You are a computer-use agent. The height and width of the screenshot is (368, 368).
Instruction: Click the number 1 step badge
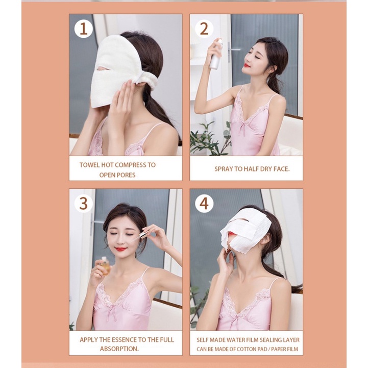click(84, 29)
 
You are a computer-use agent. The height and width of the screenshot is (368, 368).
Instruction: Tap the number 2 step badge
click(204, 29)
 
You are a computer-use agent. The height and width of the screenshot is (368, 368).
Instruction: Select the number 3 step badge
click(84, 204)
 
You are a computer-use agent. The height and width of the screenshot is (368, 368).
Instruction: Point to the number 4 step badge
click(204, 204)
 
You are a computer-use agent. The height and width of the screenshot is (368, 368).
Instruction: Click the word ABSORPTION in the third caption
click(119, 349)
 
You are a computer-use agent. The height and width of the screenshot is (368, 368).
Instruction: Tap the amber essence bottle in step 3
click(105, 265)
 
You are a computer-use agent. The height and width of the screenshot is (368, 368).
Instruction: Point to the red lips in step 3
click(121, 249)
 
